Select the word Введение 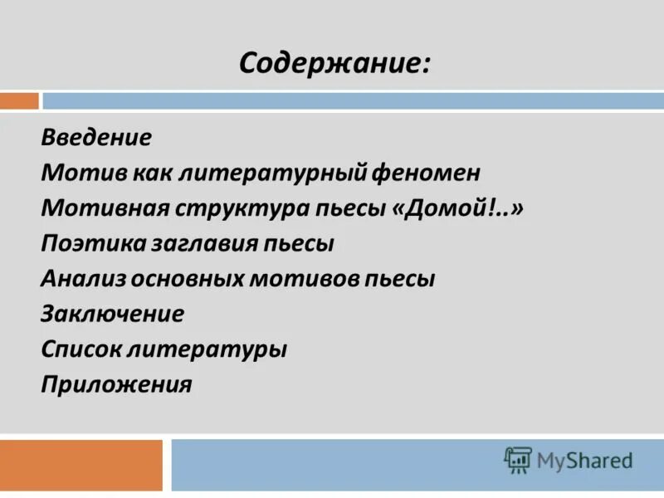(95, 137)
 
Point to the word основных (185, 279)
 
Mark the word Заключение (112, 315)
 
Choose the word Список (80, 349)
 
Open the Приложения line (116, 385)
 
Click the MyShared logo (569, 459)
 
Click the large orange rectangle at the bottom (81, 465)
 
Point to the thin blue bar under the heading (353, 100)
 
